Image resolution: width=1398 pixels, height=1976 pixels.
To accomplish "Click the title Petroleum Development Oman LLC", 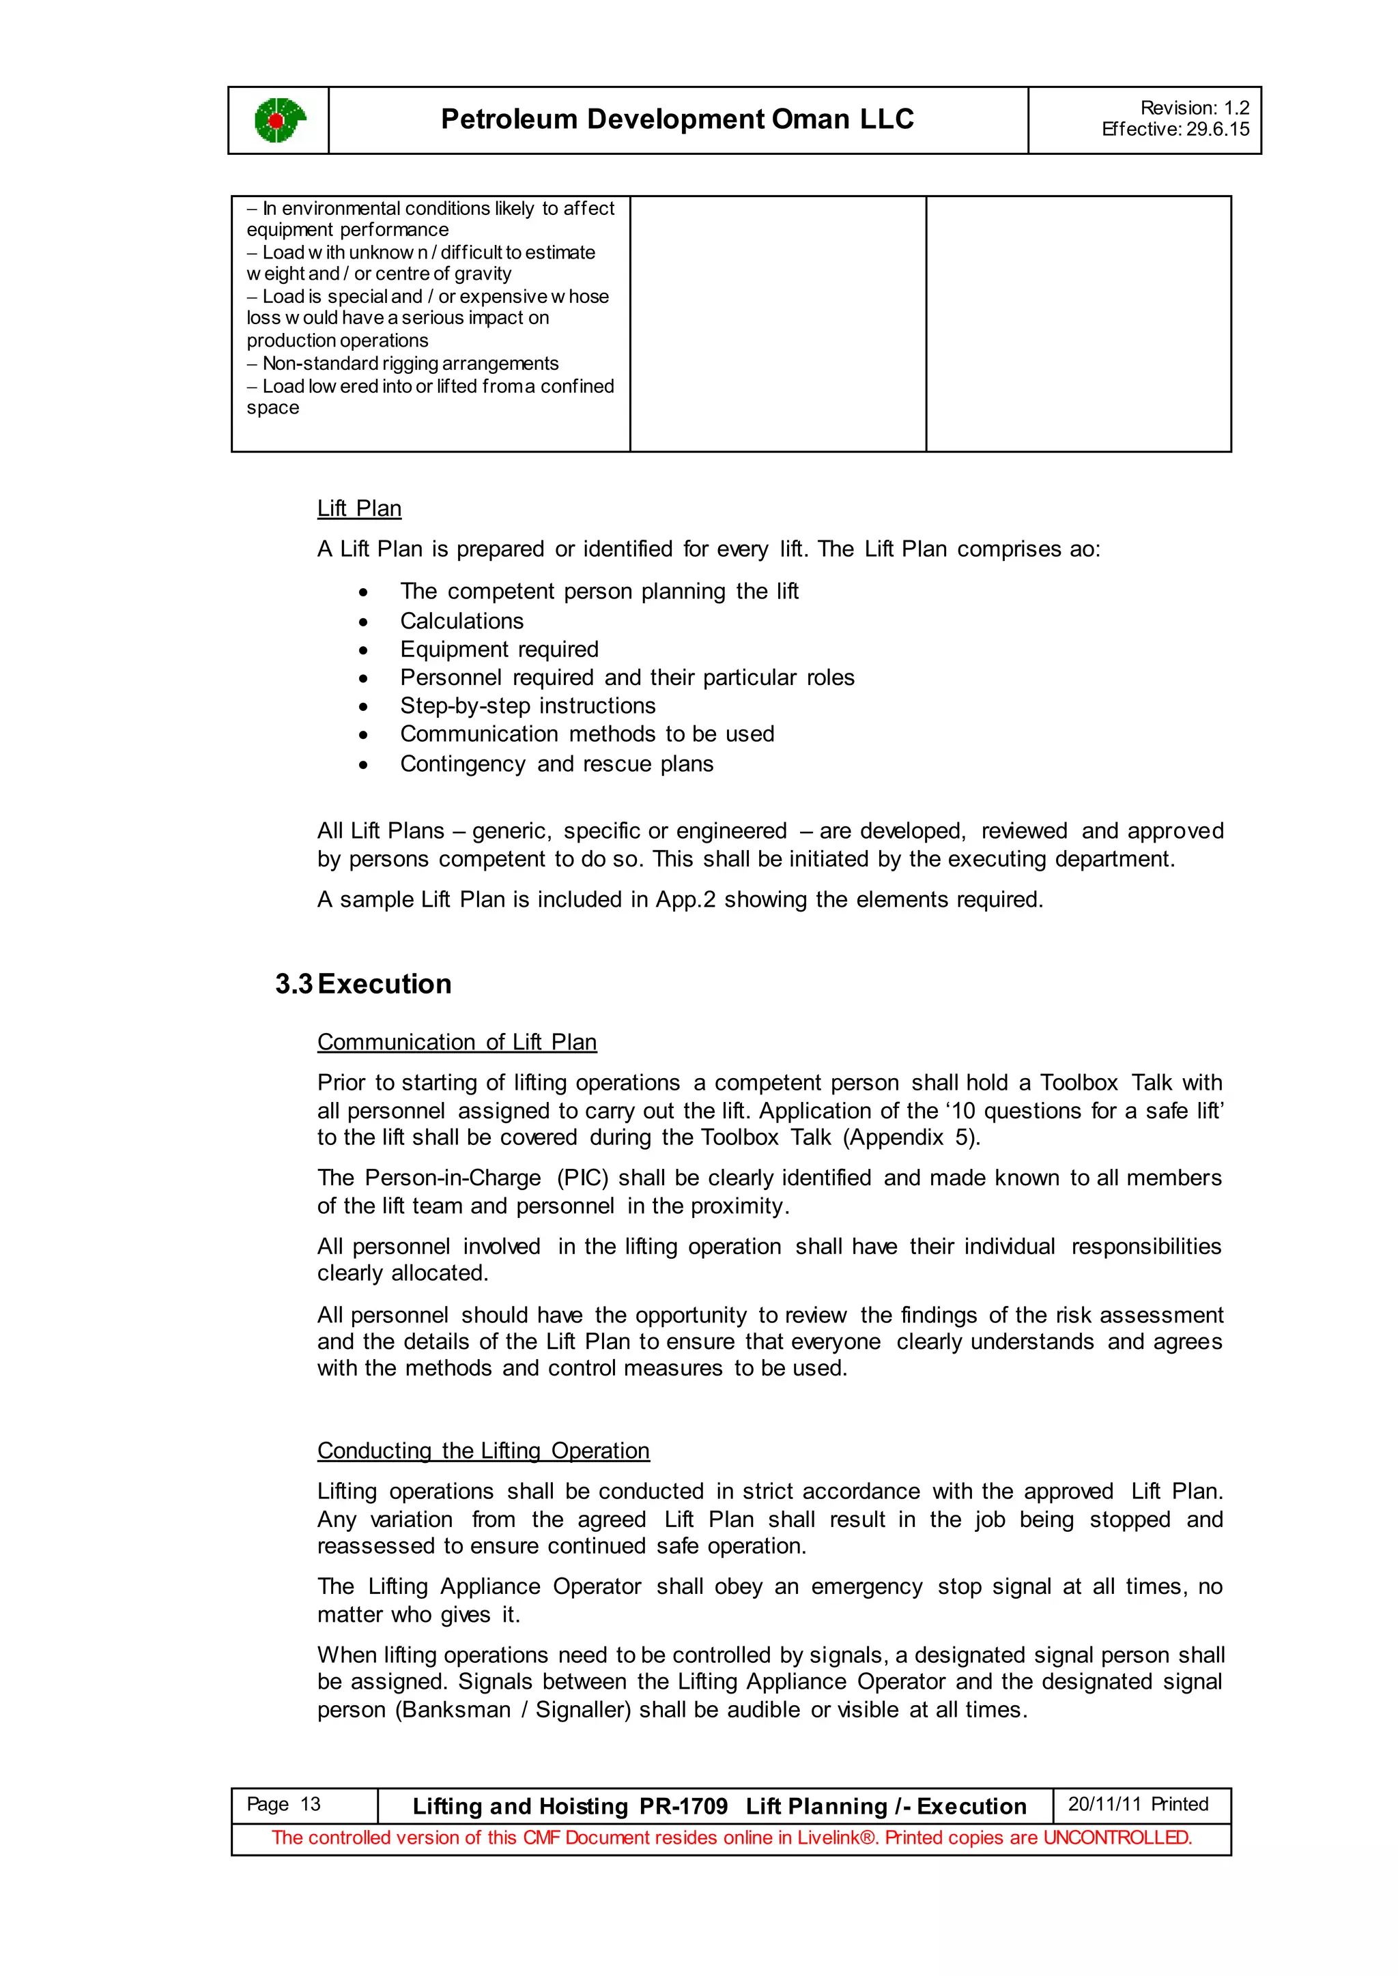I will (676, 119).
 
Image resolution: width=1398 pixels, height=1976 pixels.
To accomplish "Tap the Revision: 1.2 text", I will (1194, 108).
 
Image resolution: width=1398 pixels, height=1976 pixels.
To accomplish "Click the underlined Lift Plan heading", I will (359, 508).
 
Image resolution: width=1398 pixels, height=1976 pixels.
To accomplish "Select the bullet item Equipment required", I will (499, 649).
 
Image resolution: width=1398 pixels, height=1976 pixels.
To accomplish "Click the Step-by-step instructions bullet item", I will (528, 706).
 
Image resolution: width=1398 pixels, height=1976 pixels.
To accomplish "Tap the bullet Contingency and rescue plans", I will (556, 764).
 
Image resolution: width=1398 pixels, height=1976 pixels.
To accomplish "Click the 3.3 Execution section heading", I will (363, 984).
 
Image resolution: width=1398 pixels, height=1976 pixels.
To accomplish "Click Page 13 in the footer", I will (283, 1804).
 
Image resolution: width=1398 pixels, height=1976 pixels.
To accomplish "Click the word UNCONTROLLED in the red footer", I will (1117, 1837).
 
